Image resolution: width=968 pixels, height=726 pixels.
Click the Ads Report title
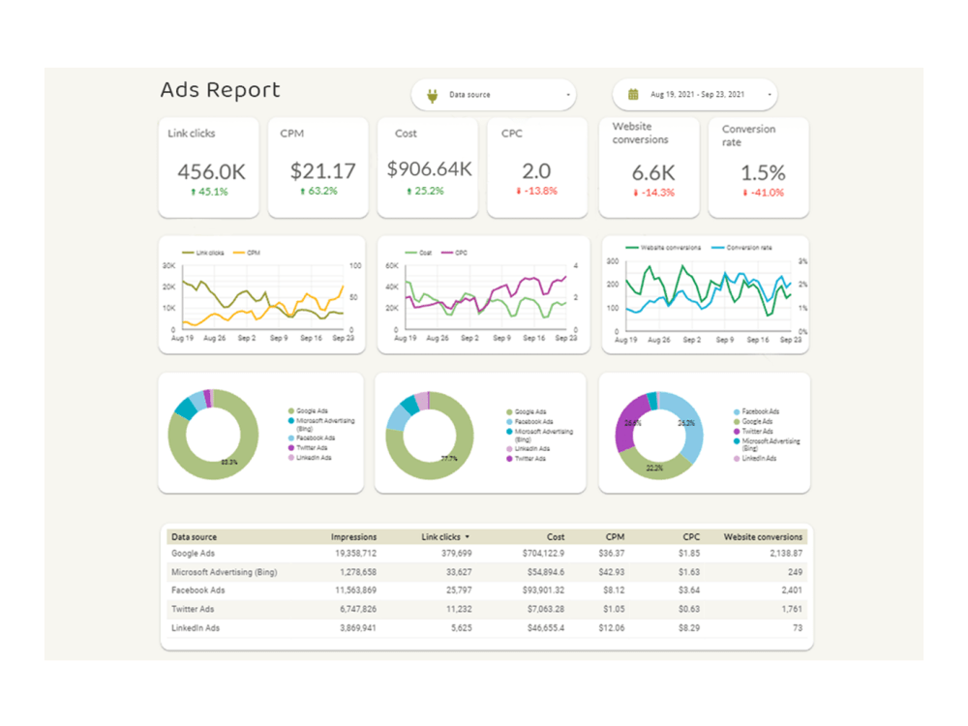[x=220, y=90]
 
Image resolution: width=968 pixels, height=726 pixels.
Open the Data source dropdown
[x=494, y=95]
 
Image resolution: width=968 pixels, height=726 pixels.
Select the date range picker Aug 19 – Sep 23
[x=695, y=95]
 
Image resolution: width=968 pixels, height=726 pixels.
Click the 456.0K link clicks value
[x=211, y=172]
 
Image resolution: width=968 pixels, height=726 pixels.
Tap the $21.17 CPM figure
[x=323, y=172]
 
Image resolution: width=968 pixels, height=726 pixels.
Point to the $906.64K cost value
[x=429, y=169]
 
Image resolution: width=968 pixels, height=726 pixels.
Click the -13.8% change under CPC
[x=537, y=192]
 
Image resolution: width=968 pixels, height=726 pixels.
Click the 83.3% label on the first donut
[x=228, y=462]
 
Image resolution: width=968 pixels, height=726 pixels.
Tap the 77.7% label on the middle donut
[x=449, y=459]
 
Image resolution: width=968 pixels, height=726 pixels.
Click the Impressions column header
[x=353, y=536]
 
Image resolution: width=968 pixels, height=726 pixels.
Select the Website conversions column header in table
[x=763, y=536]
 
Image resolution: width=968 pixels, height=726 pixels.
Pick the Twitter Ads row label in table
[x=195, y=609]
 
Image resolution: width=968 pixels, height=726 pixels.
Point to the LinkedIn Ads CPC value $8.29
[x=689, y=627]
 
